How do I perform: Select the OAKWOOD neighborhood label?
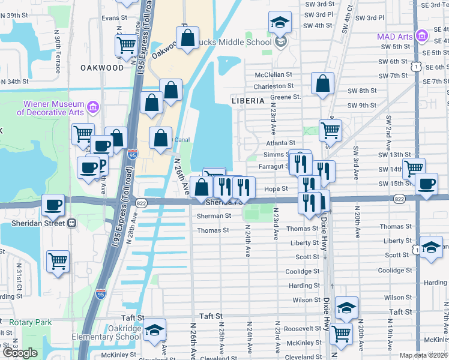[x=102, y=68]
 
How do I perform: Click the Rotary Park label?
[x=30, y=322]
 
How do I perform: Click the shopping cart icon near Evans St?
[x=126, y=44]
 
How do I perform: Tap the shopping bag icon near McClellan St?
[x=322, y=84]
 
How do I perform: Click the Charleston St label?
[x=273, y=86]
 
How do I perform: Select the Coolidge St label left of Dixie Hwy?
[x=303, y=271]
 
